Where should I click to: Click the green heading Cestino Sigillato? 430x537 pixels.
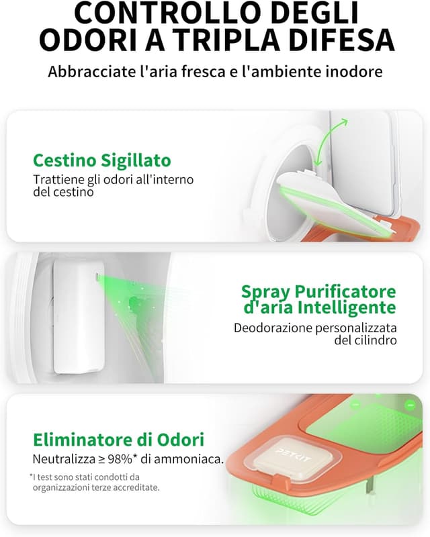pyautogui.click(x=102, y=160)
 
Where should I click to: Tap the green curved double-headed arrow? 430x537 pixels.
pyautogui.click(x=331, y=141)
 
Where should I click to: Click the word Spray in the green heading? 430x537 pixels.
pyautogui.click(x=266, y=292)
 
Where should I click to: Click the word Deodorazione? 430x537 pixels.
pyautogui.click(x=273, y=328)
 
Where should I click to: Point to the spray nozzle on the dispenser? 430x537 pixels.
pyautogui.click(x=97, y=276)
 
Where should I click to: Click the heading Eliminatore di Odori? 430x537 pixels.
pyautogui.click(x=119, y=440)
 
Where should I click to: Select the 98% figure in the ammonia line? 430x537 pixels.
pyautogui.click(x=120, y=459)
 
